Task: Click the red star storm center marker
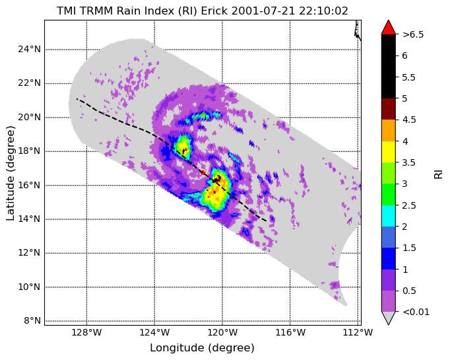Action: point(203,172)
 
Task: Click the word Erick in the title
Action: point(214,11)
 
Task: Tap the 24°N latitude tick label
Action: point(29,50)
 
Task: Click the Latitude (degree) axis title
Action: point(10,173)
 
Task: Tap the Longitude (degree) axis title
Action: point(203,348)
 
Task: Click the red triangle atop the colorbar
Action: point(388,28)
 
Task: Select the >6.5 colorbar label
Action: point(413,34)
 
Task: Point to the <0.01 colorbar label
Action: point(416,312)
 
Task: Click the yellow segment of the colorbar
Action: point(388,152)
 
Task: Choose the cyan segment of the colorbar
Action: point(388,216)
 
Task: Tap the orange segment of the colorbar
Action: point(388,130)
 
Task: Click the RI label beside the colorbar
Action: point(439,174)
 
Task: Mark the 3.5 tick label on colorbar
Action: point(409,162)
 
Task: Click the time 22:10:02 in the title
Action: point(323,11)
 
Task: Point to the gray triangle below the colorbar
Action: point(388,318)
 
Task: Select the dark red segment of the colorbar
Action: point(388,109)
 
